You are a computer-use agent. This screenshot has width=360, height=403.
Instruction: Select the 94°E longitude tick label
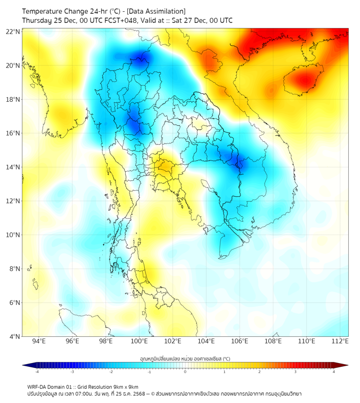click(39, 342)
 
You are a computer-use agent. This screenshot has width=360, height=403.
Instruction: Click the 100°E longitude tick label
click(140, 342)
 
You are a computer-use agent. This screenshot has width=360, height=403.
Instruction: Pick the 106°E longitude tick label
click(240, 342)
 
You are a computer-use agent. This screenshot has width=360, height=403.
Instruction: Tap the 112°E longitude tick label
click(340, 342)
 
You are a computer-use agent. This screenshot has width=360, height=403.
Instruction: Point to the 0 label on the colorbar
click(185, 372)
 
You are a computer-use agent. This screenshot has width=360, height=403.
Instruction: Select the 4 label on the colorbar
click(334, 372)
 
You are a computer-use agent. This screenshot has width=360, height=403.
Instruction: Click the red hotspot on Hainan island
click(304, 80)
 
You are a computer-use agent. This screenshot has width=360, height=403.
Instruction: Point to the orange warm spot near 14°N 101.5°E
click(163, 168)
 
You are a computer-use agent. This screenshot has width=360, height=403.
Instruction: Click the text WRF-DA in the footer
click(37, 386)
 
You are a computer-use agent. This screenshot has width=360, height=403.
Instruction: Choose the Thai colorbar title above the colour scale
click(185, 358)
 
